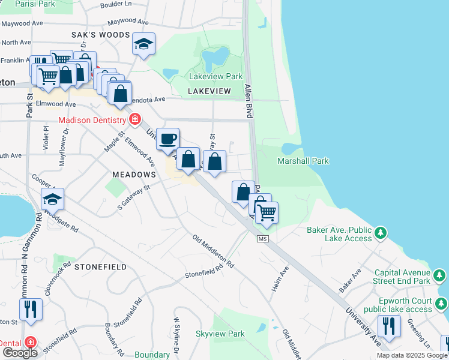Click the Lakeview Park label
point(215,76)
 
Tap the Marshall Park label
point(303,161)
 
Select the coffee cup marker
point(168,139)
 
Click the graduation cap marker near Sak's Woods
point(143,44)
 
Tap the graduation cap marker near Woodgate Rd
point(52,199)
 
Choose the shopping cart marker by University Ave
point(267,212)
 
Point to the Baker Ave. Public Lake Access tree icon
point(379,232)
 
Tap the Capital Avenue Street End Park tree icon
point(440,275)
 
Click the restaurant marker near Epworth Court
point(389,326)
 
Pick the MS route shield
point(262,239)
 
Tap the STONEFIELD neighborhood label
point(100,266)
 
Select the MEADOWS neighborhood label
point(134,174)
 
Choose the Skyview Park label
point(220,334)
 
